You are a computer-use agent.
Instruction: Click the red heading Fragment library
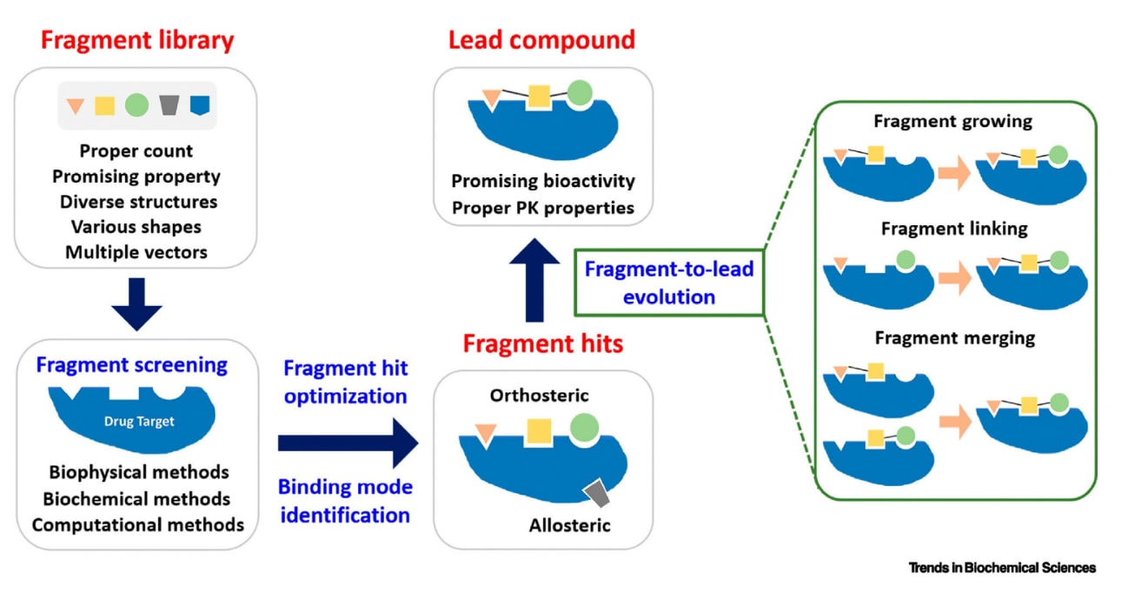pyautogui.click(x=136, y=41)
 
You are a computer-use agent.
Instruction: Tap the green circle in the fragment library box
pyautogui.click(x=136, y=105)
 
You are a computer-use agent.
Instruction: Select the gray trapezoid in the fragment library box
pyautogui.click(x=169, y=105)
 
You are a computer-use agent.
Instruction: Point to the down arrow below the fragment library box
pyautogui.click(x=136, y=304)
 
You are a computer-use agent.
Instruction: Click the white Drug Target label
pyautogui.click(x=139, y=422)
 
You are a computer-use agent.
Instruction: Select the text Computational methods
pyautogui.click(x=138, y=524)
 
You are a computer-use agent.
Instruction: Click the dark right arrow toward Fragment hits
pyautogui.click(x=348, y=443)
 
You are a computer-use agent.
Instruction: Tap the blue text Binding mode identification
pyautogui.click(x=348, y=500)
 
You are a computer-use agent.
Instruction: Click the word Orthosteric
pyautogui.click(x=539, y=396)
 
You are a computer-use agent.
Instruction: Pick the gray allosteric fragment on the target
pyautogui.click(x=596, y=493)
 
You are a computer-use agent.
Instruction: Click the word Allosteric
pyautogui.click(x=569, y=525)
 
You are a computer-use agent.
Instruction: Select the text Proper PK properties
pyautogui.click(x=542, y=208)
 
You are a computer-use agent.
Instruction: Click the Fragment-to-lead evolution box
pyautogui.click(x=668, y=283)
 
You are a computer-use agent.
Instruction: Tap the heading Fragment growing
pyautogui.click(x=952, y=121)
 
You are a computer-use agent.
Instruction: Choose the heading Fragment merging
pyautogui.click(x=954, y=337)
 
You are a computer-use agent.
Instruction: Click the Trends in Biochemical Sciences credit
pyautogui.click(x=1002, y=568)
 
